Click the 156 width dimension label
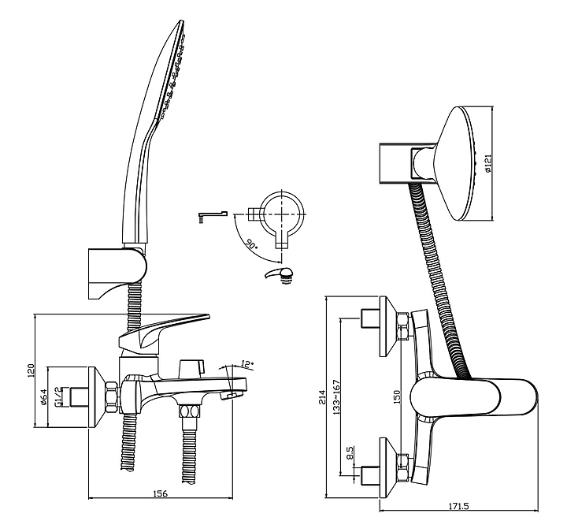click(161, 493)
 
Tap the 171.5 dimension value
click(458, 507)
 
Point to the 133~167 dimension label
click(337, 397)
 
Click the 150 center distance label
click(397, 397)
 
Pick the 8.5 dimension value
click(350, 452)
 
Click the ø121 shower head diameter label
click(487, 163)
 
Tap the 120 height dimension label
click(31, 371)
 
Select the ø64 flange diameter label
click(43, 397)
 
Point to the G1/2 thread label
click(57, 397)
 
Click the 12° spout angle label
click(247, 364)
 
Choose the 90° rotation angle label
click(251, 244)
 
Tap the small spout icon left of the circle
click(213, 216)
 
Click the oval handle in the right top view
click(474, 398)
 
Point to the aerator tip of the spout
click(231, 395)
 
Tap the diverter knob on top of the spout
click(191, 368)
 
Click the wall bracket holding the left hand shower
click(117, 274)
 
